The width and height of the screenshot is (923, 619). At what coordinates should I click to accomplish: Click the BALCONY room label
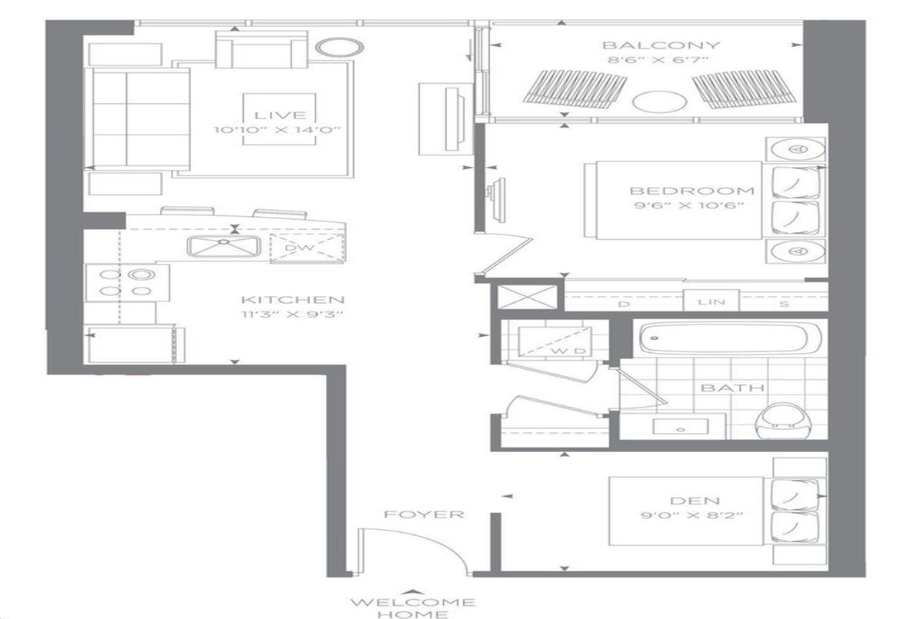click(x=661, y=45)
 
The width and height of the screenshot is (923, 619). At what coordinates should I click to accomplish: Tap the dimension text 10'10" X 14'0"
click(x=278, y=131)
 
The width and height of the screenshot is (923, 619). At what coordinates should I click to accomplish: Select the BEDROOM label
click(x=692, y=191)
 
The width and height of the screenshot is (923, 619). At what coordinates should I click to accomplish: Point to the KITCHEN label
click(x=292, y=300)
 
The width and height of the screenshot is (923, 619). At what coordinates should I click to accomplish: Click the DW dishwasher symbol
click(x=308, y=248)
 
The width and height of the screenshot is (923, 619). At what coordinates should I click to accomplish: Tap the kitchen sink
click(x=224, y=247)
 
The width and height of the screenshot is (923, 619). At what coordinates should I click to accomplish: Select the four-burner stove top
click(x=128, y=283)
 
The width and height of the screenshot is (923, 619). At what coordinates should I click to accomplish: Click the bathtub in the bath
click(x=730, y=338)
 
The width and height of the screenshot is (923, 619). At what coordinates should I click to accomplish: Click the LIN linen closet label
click(x=711, y=302)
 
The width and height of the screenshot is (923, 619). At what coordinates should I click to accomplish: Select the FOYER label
click(x=424, y=514)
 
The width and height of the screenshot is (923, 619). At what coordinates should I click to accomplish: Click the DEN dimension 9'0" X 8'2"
click(x=692, y=515)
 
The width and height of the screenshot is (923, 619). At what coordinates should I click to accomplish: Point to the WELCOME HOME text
click(x=413, y=608)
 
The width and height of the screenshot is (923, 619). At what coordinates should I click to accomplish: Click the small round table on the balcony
click(x=660, y=102)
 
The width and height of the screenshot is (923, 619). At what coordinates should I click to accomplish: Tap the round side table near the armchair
click(x=340, y=48)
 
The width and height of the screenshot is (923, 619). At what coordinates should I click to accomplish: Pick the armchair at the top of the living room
click(x=262, y=49)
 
